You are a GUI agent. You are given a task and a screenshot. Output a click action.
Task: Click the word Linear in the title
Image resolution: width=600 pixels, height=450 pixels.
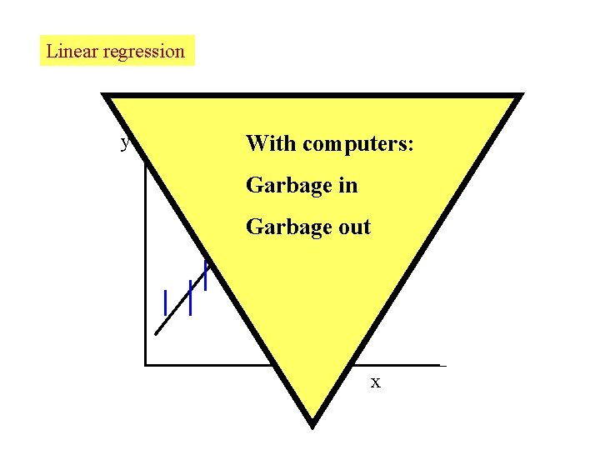click(x=69, y=51)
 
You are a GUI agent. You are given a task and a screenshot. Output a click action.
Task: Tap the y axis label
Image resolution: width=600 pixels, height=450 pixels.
click(x=126, y=143)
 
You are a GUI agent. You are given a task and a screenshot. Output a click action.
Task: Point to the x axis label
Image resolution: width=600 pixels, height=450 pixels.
click(x=376, y=382)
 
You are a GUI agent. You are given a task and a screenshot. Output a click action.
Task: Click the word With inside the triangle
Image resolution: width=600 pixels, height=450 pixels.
click(x=271, y=144)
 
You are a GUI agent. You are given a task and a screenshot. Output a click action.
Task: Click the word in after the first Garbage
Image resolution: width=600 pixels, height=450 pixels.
click(x=348, y=185)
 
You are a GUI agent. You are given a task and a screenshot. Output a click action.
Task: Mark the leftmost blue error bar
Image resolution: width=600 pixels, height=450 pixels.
click(x=166, y=302)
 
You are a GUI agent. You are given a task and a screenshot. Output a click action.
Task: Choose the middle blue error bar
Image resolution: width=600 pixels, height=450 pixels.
click(x=191, y=298)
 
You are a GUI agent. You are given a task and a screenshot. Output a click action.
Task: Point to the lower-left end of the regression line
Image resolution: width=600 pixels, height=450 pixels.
click(x=156, y=333)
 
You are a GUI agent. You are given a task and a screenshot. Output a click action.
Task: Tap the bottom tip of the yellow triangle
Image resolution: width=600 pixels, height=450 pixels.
click(x=312, y=425)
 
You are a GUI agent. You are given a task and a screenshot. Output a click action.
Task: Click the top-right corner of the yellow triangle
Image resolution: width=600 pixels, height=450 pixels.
click(x=521, y=95)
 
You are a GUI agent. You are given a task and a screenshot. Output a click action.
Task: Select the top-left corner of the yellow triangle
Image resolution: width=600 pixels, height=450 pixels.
click(x=105, y=95)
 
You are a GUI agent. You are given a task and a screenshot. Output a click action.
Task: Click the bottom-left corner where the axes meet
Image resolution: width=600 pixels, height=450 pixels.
click(x=145, y=364)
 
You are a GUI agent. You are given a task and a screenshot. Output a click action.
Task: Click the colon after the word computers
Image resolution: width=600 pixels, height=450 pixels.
click(x=408, y=147)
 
